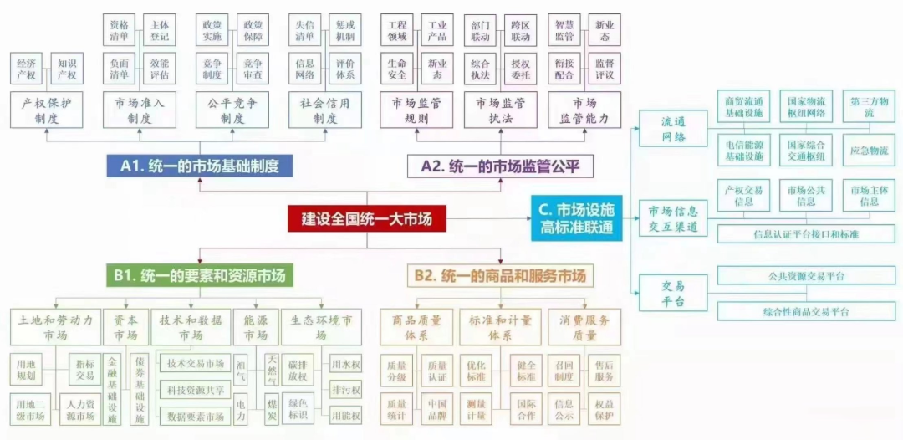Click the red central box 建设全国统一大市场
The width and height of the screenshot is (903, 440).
[x=368, y=219]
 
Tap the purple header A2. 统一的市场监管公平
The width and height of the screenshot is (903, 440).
[x=500, y=166]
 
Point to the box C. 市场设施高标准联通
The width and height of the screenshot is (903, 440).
[x=577, y=218]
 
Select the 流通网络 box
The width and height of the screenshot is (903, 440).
[x=673, y=130]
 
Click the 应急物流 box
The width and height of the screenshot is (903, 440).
[x=869, y=151]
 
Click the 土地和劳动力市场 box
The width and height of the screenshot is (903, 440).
[x=54, y=327]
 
